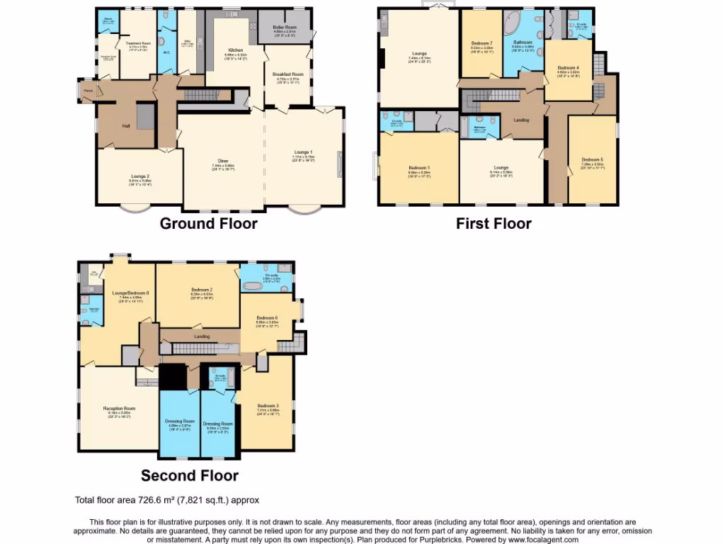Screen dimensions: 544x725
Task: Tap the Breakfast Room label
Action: coord(287,74)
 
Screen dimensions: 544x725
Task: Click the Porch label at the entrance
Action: coord(88,91)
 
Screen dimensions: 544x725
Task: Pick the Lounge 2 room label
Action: coord(139,176)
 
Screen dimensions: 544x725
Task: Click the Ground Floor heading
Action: coord(208,224)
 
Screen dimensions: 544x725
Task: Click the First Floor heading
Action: coord(493,224)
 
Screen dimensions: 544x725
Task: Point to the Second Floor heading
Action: coord(190,475)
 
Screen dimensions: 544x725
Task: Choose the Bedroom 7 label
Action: coord(482,43)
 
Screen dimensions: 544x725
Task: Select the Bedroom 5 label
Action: coord(591,159)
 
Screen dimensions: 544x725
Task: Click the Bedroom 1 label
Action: coord(418,166)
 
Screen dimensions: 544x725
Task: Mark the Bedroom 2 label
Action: coord(202,290)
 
